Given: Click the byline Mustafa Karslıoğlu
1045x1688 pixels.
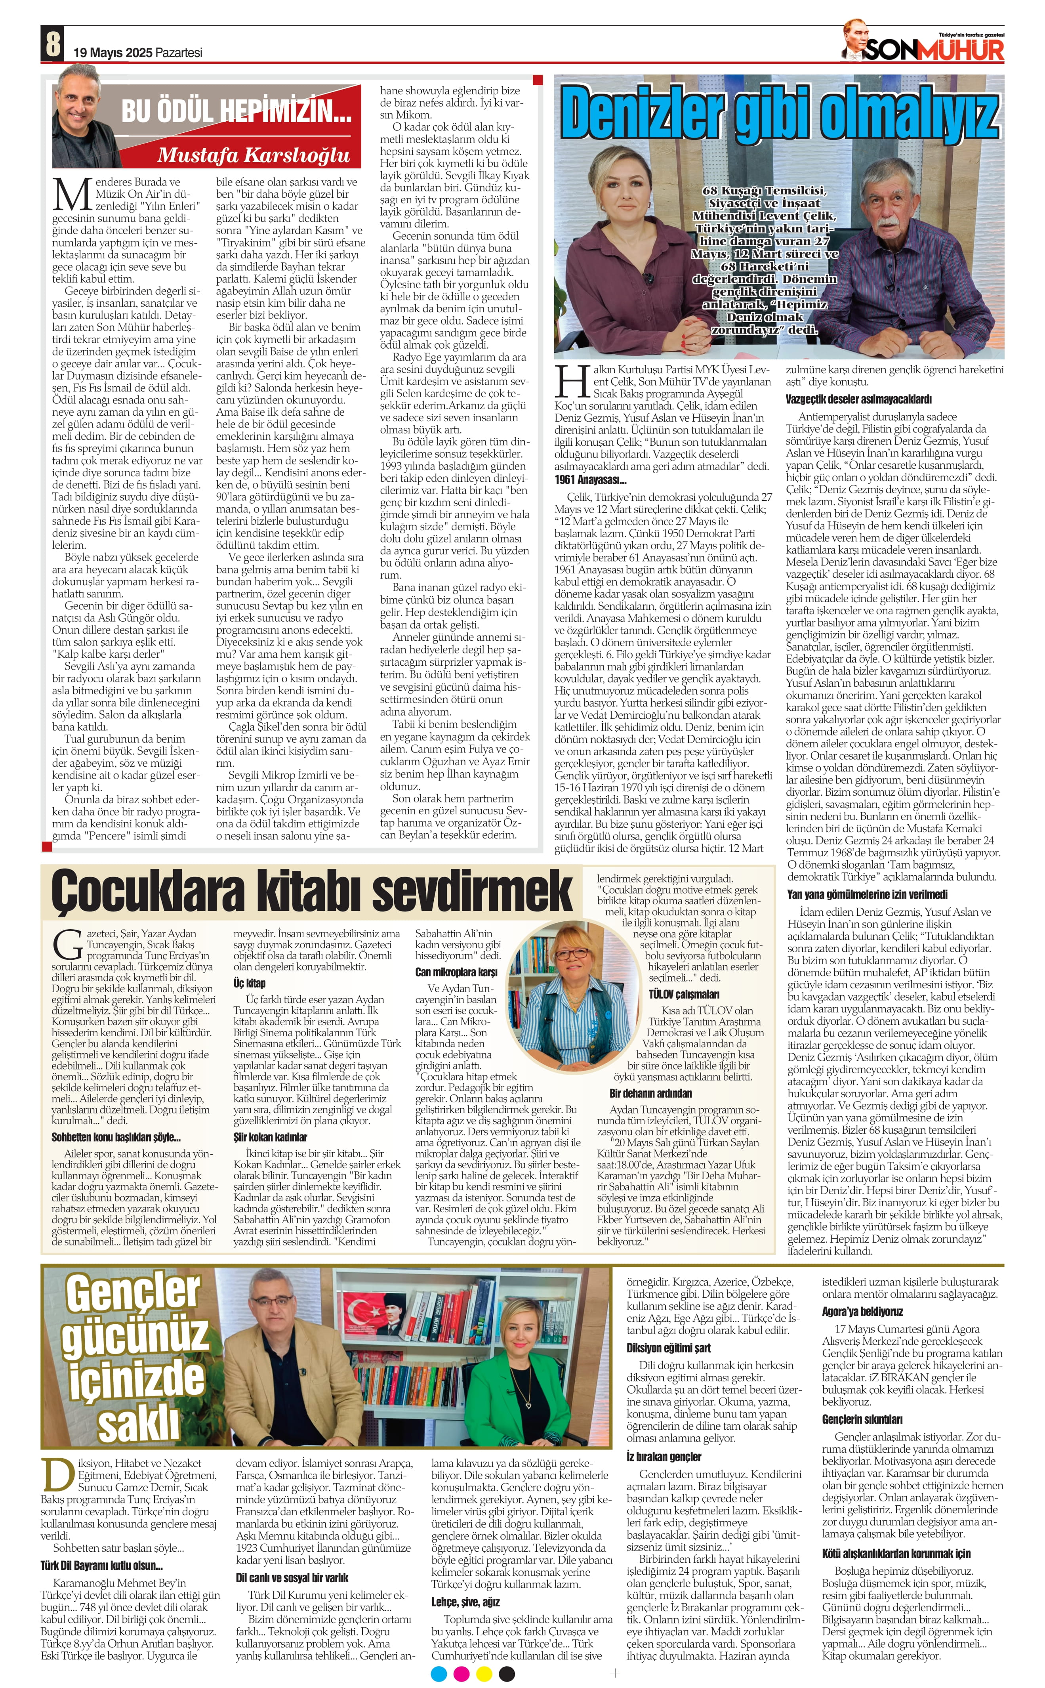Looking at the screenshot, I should click(254, 155).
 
